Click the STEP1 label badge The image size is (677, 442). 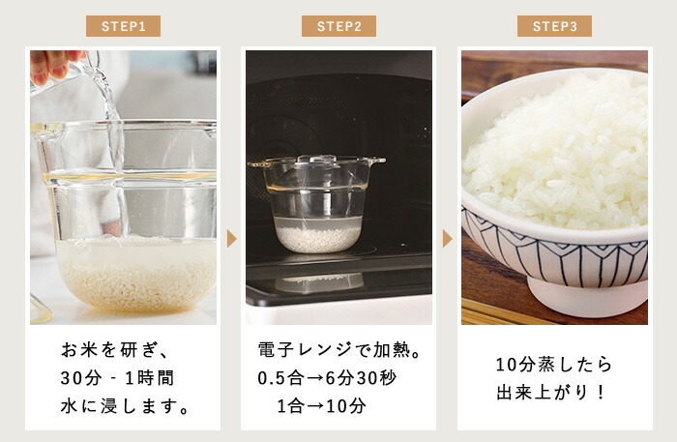[123, 26]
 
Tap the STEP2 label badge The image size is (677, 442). [338, 26]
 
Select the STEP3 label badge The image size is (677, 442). [554, 26]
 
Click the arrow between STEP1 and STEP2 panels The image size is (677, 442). [232, 239]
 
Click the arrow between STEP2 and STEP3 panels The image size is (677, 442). [448, 239]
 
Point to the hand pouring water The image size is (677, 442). [52, 66]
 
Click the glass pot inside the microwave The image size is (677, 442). [317, 204]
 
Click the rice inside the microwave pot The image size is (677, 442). [318, 240]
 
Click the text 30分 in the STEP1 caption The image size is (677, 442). [81, 378]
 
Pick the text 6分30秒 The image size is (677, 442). [361, 378]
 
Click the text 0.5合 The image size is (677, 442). [280, 378]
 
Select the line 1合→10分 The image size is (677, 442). [321, 406]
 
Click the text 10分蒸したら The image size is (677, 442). [554, 365]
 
